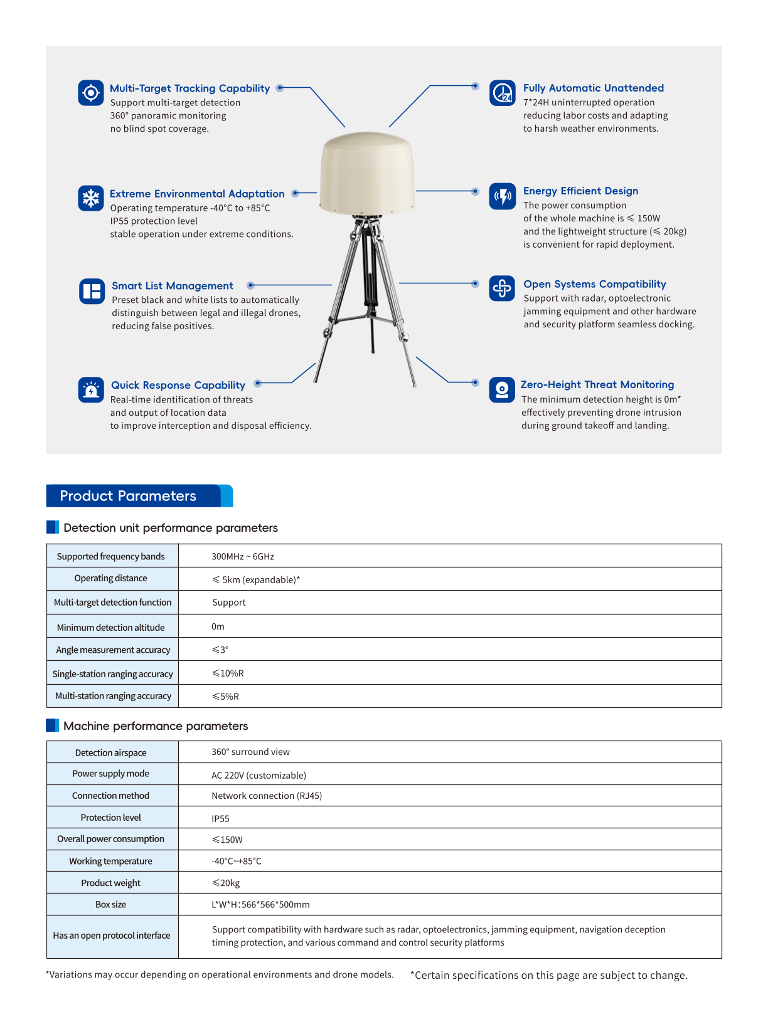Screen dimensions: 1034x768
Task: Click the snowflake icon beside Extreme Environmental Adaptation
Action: point(91,198)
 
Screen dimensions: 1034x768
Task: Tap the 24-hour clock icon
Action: point(502,93)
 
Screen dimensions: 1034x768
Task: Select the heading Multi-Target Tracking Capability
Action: point(189,88)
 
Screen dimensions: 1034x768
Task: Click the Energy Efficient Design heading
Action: point(580,191)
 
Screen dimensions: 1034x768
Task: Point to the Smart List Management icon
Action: point(92,291)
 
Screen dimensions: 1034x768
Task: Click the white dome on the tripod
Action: point(367,172)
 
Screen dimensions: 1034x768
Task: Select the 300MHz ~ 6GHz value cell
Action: point(243,556)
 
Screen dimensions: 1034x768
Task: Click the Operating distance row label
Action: point(111,578)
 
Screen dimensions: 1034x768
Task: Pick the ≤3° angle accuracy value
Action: point(220,650)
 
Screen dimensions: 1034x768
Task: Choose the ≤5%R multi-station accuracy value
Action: point(225,696)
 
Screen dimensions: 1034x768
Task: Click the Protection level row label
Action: point(111,818)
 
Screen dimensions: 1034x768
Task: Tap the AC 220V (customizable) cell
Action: point(259,775)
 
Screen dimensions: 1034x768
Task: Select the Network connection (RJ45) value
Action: point(267,796)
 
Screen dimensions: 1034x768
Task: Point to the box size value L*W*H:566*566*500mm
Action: point(260,904)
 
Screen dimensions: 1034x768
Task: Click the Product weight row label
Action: point(111,883)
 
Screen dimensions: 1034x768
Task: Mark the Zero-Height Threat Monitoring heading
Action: point(597,384)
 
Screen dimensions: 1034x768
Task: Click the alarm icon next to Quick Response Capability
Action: point(91,389)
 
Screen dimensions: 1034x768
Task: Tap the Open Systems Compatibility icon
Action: point(502,288)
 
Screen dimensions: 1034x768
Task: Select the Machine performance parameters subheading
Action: point(156,725)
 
